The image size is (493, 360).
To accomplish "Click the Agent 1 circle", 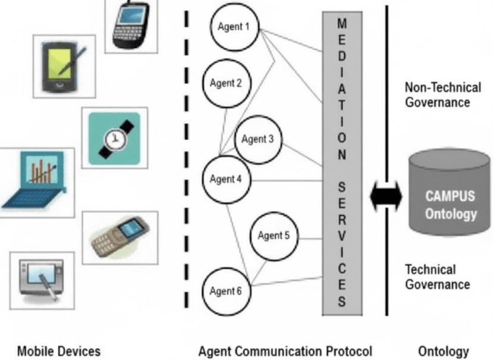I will (234, 27).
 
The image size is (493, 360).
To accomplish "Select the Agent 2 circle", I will (226, 83).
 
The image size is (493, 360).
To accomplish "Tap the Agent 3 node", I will (258, 140).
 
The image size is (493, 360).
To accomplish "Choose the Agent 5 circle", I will (274, 236).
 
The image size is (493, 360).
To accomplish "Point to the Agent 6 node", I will (226, 292).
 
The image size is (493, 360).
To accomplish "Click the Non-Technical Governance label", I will (442, 95).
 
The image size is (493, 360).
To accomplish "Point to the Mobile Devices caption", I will (58, 350).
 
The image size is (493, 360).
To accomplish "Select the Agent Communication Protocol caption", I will (285, 350).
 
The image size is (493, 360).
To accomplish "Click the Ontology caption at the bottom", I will (443, 350).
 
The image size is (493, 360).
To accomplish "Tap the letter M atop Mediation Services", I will (341, 23).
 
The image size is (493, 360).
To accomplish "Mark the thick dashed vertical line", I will (186, 161).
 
